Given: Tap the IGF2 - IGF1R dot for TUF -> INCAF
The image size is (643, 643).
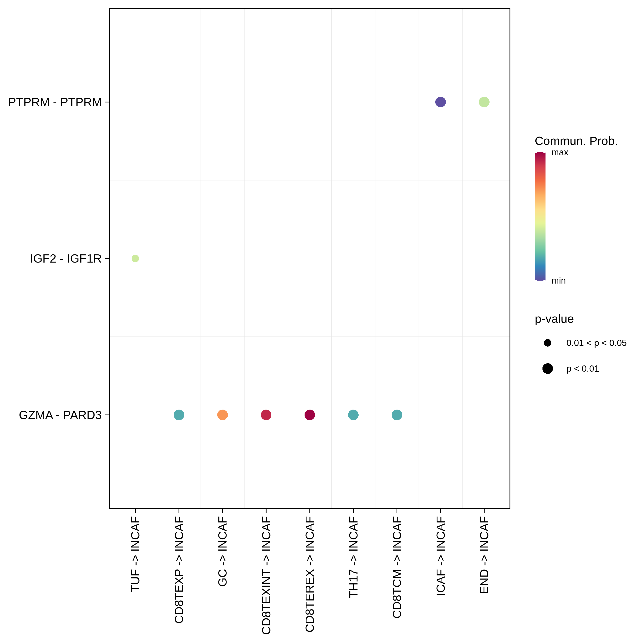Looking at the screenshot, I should point(135,258).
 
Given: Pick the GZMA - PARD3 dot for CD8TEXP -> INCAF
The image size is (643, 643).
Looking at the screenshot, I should point(179,415).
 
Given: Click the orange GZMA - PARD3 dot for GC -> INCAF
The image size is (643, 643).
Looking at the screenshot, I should point(222,415).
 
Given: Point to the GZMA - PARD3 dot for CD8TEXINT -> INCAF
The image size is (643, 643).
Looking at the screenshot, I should point(266,415).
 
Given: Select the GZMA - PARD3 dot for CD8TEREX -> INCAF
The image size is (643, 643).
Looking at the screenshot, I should point(309,415).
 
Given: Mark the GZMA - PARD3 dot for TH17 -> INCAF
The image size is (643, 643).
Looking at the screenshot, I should point(353,415).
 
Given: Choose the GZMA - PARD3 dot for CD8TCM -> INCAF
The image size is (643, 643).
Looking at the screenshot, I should point(397,415).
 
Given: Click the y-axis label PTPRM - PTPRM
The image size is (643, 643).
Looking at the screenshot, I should point(55,102).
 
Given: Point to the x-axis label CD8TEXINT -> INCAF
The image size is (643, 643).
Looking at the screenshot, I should point(266,575).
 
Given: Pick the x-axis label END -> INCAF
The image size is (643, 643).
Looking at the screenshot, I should point(484,555).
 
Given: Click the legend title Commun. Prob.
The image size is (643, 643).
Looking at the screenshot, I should point(576,141).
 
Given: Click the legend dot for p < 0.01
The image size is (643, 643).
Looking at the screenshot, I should point(547,369).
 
